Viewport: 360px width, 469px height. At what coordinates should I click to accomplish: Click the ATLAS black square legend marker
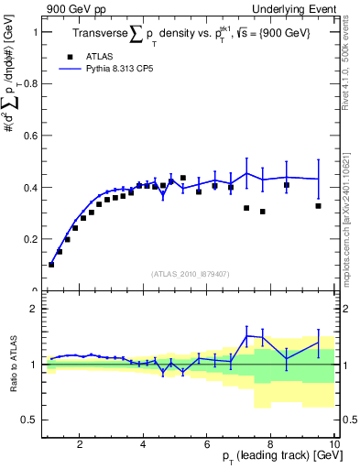click(70, 56)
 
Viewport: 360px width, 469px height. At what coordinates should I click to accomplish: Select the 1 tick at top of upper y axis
click(34, 32)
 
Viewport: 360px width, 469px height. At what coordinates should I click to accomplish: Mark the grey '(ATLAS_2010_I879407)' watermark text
click(189, 273)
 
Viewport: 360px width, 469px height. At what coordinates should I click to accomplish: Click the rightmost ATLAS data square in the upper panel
click(318, 206)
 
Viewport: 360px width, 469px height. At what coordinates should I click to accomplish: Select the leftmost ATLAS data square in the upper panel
click(51, 265)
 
